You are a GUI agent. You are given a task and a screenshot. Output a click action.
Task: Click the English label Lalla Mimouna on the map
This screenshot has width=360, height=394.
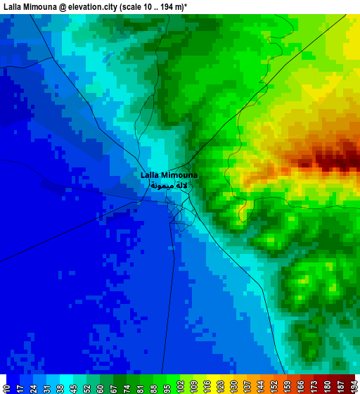pyautogui.click(x=169, y=174)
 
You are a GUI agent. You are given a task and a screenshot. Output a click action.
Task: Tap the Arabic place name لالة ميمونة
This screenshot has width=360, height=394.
pyautogui.click(x=169, y=186)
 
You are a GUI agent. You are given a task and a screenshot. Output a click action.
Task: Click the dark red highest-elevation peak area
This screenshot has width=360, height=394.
pyautogui.click(x=330, y=159)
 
